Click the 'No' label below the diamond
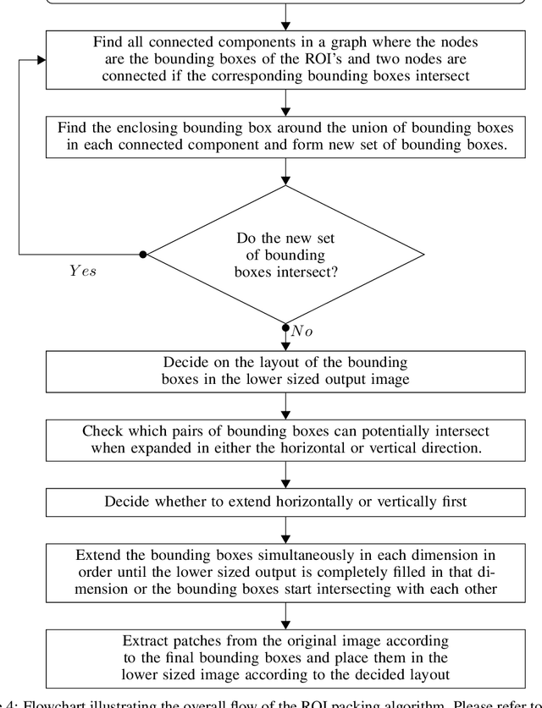pos(301,332)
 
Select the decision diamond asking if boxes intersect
pos(285,254)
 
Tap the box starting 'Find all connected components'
pos(285,59)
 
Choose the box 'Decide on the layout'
pos(285,370)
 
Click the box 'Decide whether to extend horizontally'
pos(285,501)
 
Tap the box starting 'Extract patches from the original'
pos(285,656)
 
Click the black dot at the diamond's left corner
pos(143,254)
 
